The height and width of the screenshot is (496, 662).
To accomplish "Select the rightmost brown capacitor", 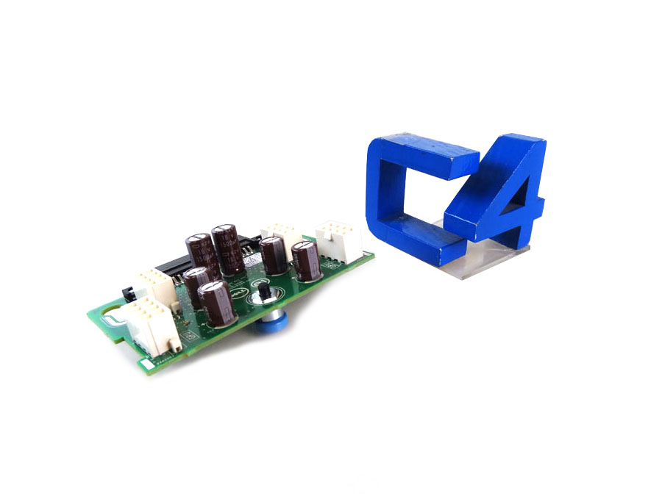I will tap(305, 260).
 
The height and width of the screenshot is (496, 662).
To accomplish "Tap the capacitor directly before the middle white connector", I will tap(273, 254).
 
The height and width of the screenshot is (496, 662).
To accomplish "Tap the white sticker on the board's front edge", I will tap(148, 364).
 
